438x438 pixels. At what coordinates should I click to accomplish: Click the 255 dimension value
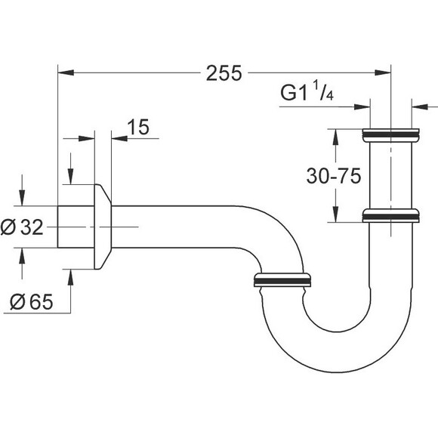point(224,73)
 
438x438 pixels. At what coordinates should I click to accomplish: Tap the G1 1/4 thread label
point(307,91)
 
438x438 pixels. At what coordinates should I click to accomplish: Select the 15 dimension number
point(138,127)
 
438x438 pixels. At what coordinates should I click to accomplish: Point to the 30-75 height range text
point(334,176)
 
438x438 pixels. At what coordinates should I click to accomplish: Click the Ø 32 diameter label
point(22,227)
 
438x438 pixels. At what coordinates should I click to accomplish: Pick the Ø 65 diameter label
point(32,301)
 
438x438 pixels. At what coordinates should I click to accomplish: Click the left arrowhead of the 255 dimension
point(66,73)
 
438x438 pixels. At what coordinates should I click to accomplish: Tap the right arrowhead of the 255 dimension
point(382,73)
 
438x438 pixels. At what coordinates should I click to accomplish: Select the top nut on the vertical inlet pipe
point(390,135)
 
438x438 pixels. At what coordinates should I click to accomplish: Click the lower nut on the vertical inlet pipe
point(390,215)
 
